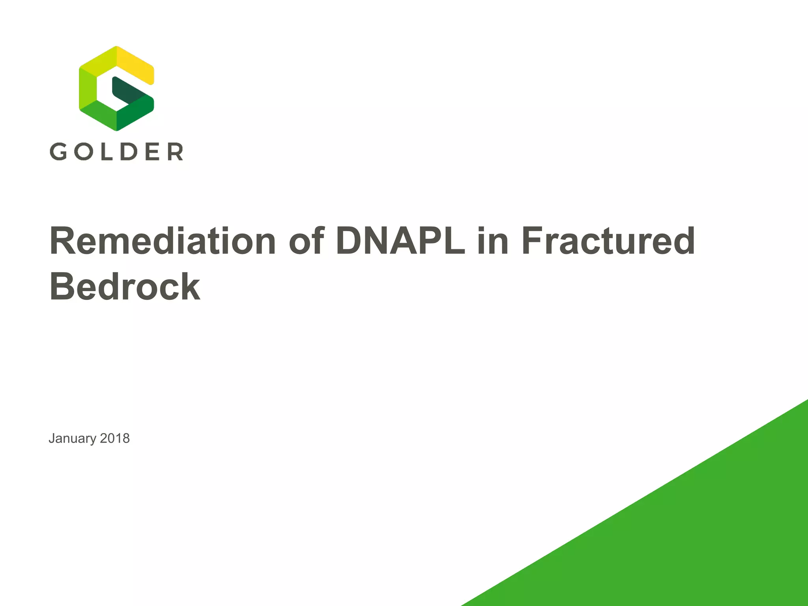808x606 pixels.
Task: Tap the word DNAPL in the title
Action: [400, 241]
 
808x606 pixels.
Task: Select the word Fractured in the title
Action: [608, 241]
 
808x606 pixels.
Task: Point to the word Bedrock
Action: [125, 287]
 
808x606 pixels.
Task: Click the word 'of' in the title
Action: [306, 241]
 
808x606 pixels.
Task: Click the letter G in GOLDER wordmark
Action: [58, 151]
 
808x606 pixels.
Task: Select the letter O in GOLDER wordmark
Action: [83, 151]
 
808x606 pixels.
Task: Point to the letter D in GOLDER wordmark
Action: [129, 151]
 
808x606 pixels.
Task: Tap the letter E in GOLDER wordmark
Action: [153, 151]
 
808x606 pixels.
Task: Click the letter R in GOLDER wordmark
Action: [175, 151]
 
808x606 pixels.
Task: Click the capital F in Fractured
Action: [533, 241]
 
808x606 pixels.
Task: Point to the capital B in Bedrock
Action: [64, 287]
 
